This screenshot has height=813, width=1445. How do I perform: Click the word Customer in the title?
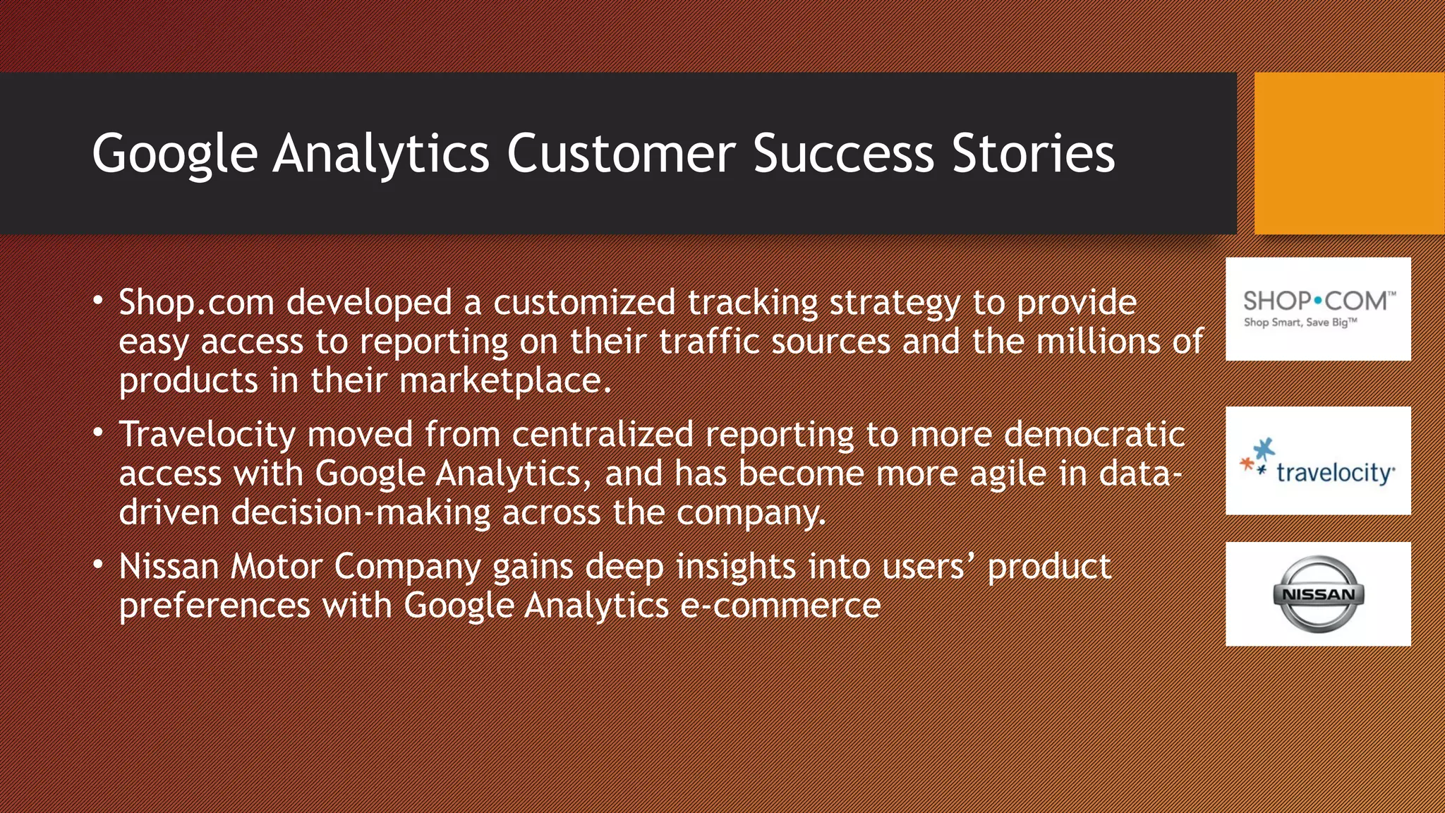(621, 153)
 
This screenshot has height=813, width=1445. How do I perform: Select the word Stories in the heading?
(1033, 153)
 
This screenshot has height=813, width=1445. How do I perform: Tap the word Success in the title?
(843, 153)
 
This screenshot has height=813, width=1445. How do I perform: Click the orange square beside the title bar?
(1349, 153)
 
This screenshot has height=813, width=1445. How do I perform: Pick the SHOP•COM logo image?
(1318, 309)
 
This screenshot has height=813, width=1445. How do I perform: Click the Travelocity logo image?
(1318, 461)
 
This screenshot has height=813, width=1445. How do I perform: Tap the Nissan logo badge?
(1318, 594)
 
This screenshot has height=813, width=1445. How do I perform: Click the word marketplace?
(504, 380)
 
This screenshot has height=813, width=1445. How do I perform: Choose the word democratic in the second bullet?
(1094, 434)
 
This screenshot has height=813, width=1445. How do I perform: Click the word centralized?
(602, 434)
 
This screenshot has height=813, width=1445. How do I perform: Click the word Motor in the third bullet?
(277, 567)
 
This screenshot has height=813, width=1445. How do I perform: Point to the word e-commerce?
(780, 606)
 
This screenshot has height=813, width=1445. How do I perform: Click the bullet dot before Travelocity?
(98, 431)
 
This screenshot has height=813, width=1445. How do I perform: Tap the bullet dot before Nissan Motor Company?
(98, 564)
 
